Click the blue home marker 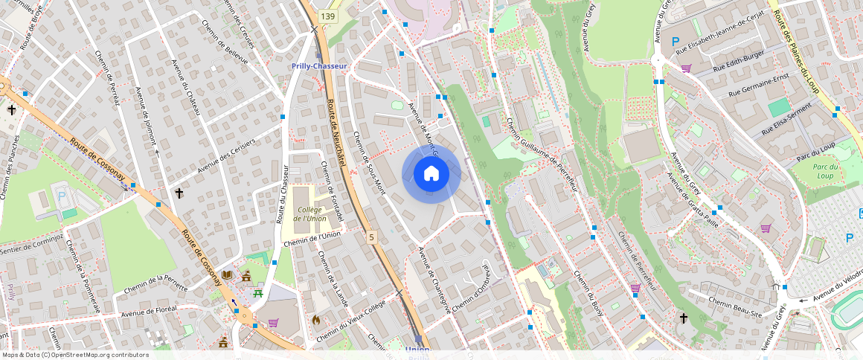tap(431, 174)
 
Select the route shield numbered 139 tap(328, 16)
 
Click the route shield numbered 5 tap(370, 237)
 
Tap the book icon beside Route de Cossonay tap(227, 276)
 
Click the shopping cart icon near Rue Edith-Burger tap(686, 68)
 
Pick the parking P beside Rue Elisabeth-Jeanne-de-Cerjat tap(676, 42)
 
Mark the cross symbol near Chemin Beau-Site tap(684, 318)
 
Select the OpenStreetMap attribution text tap(75, 355)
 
